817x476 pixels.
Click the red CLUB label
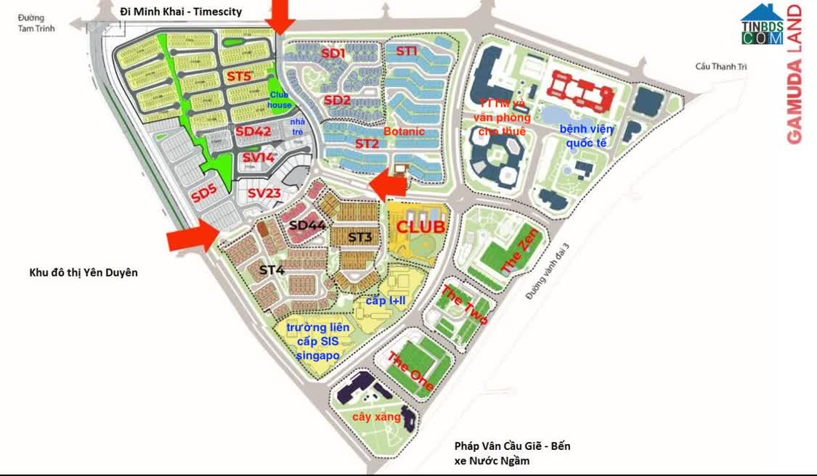[420, 226]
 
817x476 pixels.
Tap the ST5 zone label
[238, 76]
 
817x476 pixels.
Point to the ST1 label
[407, 51]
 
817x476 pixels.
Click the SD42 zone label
[253, 131]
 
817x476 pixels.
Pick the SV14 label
[259, 157]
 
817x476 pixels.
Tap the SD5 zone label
[204, 194]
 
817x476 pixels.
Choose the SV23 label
[264, 193]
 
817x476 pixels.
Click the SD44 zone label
[307, 226]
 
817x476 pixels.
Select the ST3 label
[359, 237]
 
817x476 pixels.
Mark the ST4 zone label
[272, 270]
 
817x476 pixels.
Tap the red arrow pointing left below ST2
[389, 185]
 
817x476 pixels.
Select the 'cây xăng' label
[377, 417]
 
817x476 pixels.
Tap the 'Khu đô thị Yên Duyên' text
[84, 273]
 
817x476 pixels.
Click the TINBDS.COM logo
[761, 25]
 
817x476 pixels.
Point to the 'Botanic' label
[404, 131]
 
